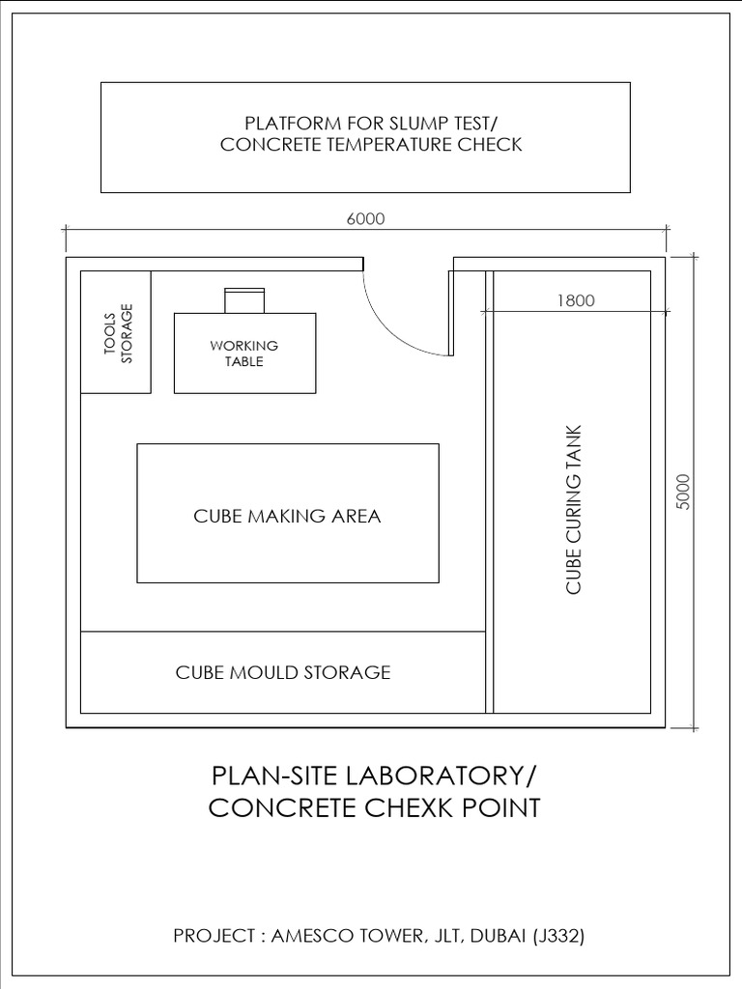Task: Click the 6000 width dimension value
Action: point(366,218)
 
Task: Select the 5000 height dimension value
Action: point(683,492)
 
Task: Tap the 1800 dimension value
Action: point(576,300)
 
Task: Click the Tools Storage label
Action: point(116,333)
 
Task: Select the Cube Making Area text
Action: point(287,516)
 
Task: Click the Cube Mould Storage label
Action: point(282,671)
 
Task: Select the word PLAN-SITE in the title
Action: point(272,777)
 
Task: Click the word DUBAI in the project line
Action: point(496,936)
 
